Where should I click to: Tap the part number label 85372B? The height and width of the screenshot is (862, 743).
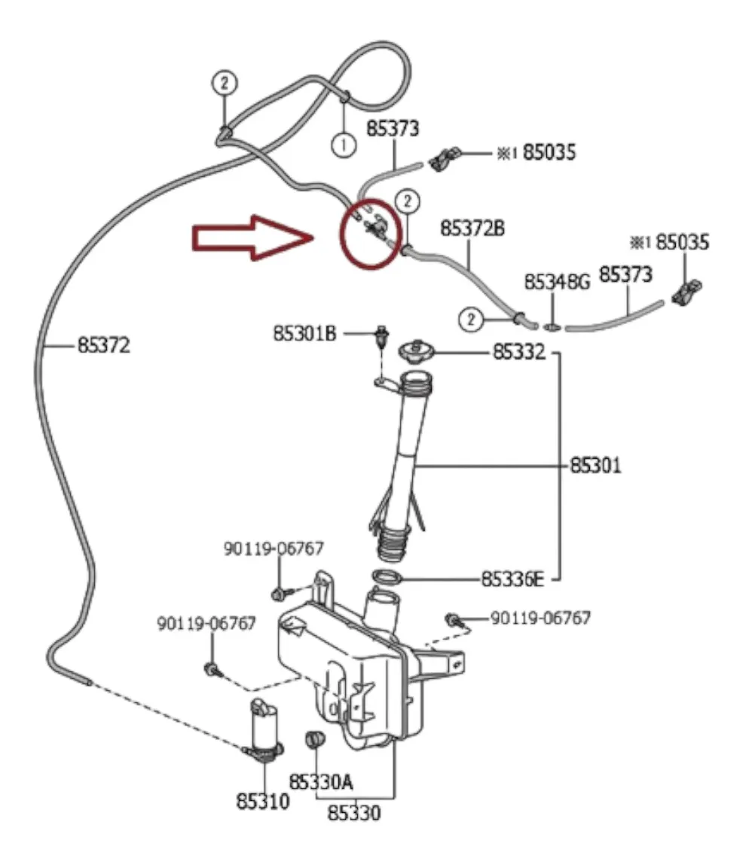[x=472, y=228]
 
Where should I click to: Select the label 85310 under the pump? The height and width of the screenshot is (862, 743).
[x=263, y=801]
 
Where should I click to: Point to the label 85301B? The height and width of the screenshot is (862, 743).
[x=304, y=333]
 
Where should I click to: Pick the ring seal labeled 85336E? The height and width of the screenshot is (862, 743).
[x=388, y=578]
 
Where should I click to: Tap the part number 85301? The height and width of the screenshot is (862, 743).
[x=595, y=465]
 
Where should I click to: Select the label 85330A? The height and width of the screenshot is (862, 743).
[x=321, y=781]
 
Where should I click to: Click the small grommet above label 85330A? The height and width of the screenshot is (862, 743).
[x=314, y=739]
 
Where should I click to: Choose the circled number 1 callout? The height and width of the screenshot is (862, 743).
[x=344, y=145]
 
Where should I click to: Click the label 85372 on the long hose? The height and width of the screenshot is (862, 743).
[x=104, y=345]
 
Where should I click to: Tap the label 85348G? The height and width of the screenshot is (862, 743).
[x=557, y=282]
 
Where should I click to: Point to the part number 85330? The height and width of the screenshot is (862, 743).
[x=353, y=812]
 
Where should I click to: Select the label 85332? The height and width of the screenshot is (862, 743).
[x=519, y=351]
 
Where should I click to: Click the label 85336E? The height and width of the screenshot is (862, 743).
[x=512, y=579]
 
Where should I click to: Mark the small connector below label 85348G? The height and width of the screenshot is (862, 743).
[x=552, y=327]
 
